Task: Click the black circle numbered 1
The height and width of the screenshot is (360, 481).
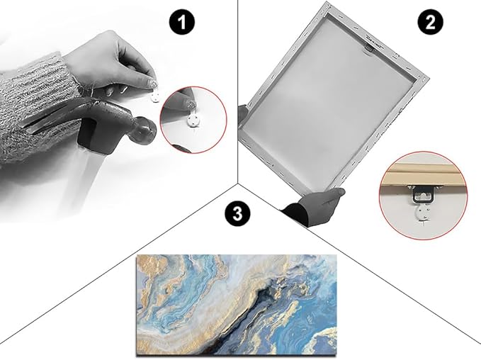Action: pyautogui.click(x=182, y=22)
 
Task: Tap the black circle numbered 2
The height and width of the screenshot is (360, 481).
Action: pyautogui.click(x=431, y=22)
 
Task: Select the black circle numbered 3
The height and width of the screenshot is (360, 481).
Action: pyautogui.click(x=237, y=213)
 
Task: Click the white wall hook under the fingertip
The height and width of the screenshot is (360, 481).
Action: pyautogui.click(x=156, y=98)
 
